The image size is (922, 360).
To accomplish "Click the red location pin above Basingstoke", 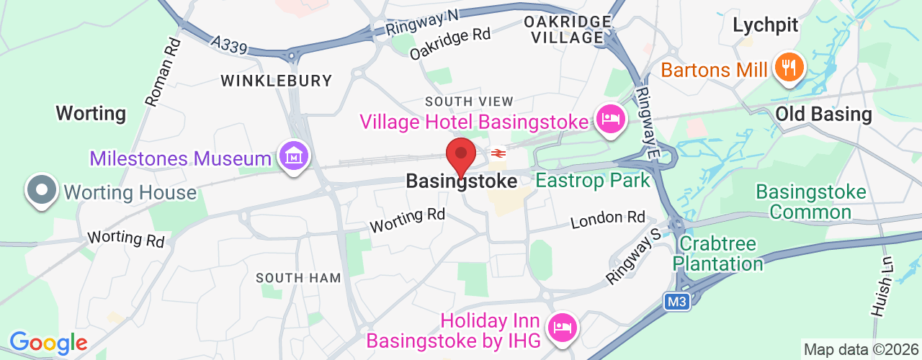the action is coord(461,156).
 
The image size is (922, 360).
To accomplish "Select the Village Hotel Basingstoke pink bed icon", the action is coord(610,119).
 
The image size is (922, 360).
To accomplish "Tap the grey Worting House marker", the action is coord(41,191).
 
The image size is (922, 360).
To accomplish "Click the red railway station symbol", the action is coord(497,153).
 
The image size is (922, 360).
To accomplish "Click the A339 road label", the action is coord(230,46).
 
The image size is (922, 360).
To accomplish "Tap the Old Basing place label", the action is coord(823,114).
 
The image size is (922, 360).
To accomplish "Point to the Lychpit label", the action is coord(765,26).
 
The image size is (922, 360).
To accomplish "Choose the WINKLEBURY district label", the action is coord(276,81).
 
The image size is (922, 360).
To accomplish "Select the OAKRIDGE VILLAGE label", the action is coord(568,30).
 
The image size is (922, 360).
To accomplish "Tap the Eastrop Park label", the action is coord(593,180).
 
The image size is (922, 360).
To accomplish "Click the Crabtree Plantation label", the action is coord(718,253).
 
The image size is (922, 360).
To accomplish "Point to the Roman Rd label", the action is coord(163,72).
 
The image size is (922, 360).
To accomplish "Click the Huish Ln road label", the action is coord(882,287).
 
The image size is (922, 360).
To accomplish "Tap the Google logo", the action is coord(48,343).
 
